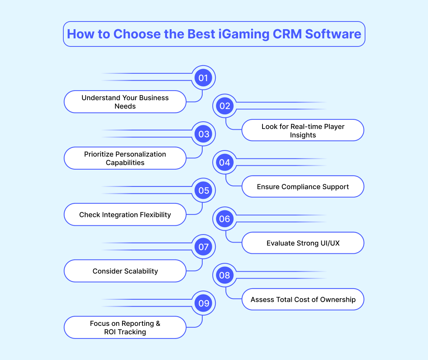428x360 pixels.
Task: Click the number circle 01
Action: point(203,78)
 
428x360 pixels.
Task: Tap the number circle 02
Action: point(225,106)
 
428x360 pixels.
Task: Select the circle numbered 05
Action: point(203,190)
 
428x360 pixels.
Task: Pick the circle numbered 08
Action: point(225,275)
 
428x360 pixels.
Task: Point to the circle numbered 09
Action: point(203,303)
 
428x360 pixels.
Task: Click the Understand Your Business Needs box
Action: point(125,102)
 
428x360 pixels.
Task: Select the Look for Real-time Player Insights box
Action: point(303,130)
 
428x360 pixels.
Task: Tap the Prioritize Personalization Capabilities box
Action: point(125,158)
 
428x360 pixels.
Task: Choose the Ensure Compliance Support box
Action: point(303,187)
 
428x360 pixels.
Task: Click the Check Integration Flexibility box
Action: point(125,215)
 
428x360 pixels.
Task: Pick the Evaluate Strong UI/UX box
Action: point(303,243)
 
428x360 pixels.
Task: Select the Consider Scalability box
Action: point(125,271)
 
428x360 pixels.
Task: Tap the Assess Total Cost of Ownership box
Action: point(303,299)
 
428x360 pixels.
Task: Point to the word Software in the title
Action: point(333,34)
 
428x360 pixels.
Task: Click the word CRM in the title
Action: point(287,34)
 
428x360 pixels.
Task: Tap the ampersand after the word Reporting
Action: point(158,324)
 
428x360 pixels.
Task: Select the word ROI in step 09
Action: point(110,332)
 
